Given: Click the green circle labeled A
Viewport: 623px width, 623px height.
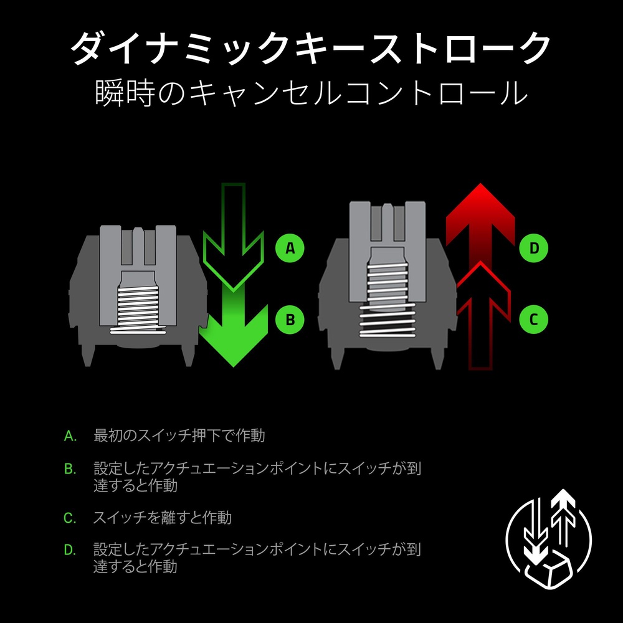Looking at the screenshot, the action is click(290, 248).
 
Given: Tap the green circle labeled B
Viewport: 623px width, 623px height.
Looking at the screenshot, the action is click(290, 320).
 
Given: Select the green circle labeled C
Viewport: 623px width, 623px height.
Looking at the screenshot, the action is click(534, 320).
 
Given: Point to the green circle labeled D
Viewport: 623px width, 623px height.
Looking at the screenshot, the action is click(534, 248).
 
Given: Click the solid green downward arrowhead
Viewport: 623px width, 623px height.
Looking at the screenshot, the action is click(234, 334).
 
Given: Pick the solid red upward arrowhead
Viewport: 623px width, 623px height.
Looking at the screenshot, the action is click(480, 222).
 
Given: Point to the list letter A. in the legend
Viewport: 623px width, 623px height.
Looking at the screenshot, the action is click(70, 436).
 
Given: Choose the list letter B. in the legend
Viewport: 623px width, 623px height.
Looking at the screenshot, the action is click(70, 469).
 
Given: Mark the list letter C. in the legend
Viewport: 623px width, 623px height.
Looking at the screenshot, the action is click(70, 518).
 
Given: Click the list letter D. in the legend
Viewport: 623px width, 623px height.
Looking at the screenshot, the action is click(70, 550).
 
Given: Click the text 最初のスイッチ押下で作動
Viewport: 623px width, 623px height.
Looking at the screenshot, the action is click(179, 435).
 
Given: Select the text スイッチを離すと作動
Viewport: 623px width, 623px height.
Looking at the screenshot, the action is click(162, 518).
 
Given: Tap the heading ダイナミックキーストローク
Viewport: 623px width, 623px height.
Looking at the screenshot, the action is click(311, 49).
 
